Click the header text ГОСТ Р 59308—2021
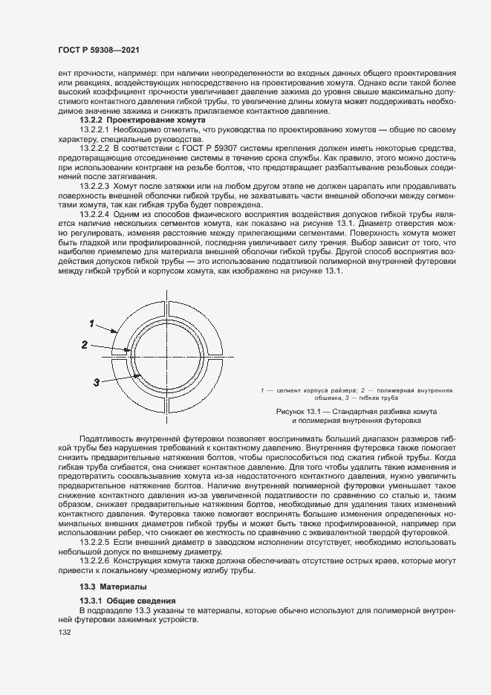(x=99, y=50)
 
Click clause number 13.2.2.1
(x=95, y=129)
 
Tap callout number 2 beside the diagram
(x=85, y=345)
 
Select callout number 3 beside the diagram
(x=97, y=382)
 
